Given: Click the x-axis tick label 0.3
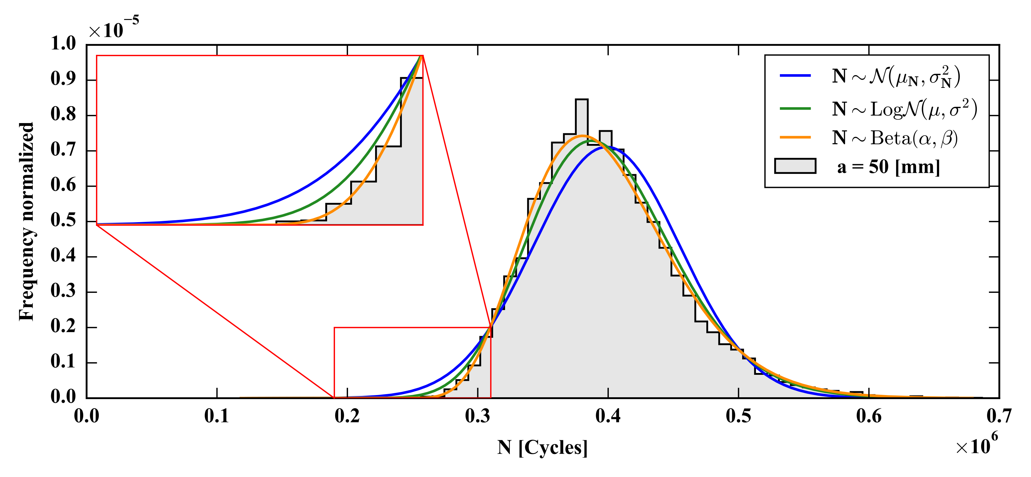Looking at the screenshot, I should tap(477, 417).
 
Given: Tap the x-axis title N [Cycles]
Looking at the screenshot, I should tap(542, 447).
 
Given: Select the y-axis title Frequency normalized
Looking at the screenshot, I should tap(27, 221).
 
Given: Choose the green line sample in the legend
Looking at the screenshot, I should tap(795, 108).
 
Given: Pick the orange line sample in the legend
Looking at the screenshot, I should tap(795, 138).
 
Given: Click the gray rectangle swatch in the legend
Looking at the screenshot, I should tap(795, 166).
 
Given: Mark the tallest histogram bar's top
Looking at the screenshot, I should tap(581, 100).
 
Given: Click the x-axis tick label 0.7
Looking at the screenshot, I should tap(999, 417).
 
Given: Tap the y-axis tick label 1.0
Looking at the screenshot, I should tap(63, 44).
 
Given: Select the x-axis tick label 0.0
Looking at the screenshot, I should tap(86, 417).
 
